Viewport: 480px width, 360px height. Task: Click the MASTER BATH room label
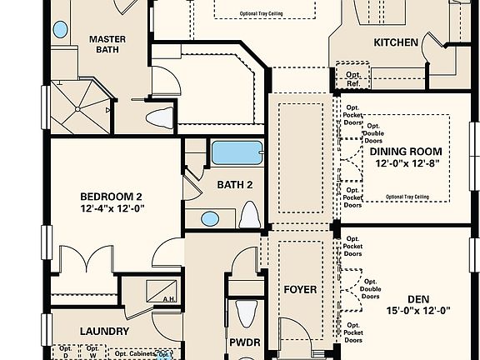coord(107,46)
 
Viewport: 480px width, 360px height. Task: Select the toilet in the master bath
coord(163,116)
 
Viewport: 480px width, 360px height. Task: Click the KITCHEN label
coord(395,42)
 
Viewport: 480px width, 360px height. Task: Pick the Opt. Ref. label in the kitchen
coord(353,78)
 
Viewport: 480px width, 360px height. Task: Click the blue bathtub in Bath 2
coord(236,153)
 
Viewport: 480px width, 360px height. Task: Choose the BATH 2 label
coord(234,185)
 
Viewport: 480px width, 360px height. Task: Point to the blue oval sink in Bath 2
coord(210,218)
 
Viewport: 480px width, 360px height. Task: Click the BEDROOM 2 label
coord(113,197)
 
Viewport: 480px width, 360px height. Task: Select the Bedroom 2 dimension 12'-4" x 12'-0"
coord(113,209)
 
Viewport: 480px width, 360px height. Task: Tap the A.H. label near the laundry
coord(167,299)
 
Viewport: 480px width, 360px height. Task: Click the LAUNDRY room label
coord(104,331)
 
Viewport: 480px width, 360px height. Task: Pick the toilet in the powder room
coord(245,314)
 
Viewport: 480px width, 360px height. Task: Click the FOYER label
coord(300,290)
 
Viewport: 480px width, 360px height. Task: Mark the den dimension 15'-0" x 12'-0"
coord(417,311)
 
